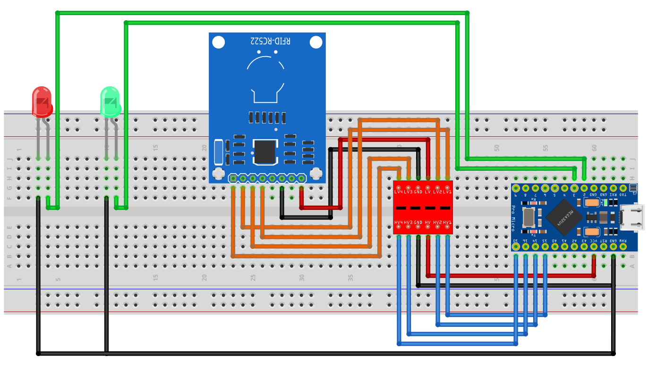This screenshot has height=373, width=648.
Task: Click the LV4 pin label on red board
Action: [399, 192]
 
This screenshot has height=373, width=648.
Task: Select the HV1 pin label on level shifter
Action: [447, 222]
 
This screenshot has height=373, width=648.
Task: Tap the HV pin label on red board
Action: [427, 222]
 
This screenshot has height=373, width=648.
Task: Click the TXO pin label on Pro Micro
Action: [623, 194]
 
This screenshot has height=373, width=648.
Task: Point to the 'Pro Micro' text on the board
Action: [514, 218]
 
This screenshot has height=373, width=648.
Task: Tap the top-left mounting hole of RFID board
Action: [218, 42]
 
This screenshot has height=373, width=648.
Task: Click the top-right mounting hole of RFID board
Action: [316, 42]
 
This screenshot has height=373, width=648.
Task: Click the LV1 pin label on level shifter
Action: [447, 192]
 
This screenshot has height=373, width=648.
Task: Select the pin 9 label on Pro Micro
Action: [515, 194]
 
